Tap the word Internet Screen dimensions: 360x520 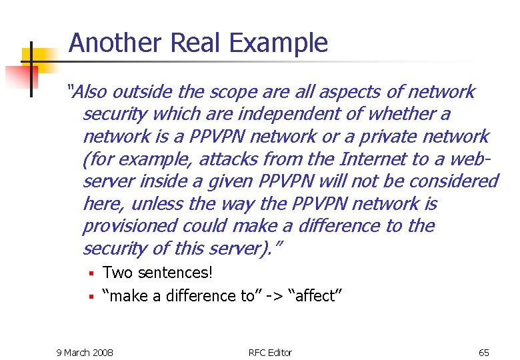point(373,159)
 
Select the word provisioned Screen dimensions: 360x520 point(127,226)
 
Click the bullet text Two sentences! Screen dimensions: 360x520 point(157,273)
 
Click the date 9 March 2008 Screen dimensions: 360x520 point(85,352)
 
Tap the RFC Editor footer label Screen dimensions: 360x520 point(270,352)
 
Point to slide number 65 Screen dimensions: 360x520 point(483,352)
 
